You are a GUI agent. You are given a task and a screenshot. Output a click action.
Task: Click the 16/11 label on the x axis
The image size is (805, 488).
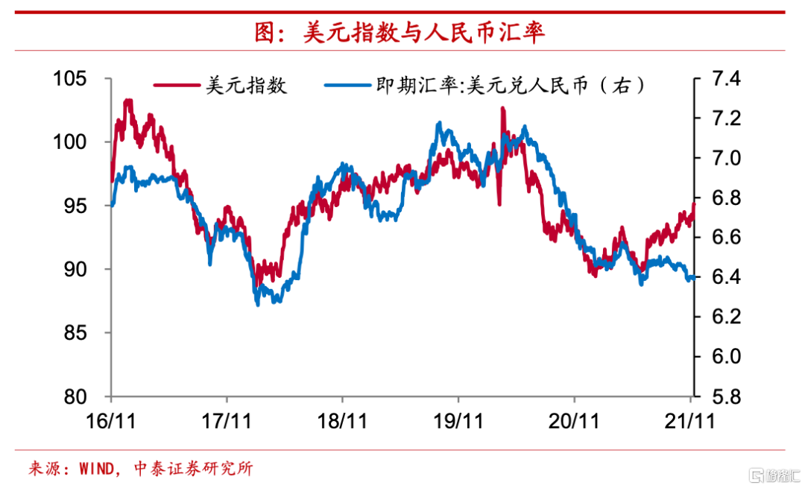click(110, 421)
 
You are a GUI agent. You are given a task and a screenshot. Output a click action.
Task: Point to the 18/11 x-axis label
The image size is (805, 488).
click(341, 421)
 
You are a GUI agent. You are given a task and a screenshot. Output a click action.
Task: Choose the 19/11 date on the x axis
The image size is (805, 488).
click(458, 421)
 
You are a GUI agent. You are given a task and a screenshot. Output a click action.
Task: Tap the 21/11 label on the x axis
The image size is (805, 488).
click(690, 421)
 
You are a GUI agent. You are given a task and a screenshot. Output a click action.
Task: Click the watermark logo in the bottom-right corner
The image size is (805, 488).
click(771, 474)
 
